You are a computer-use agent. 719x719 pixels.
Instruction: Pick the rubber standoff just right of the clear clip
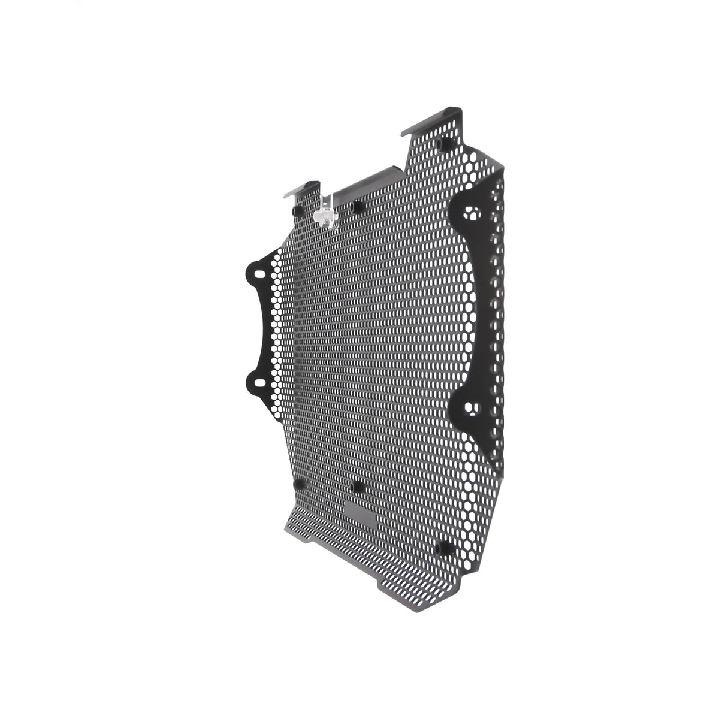[358, 206]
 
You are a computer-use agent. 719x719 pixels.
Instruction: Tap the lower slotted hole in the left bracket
[258, 381]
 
